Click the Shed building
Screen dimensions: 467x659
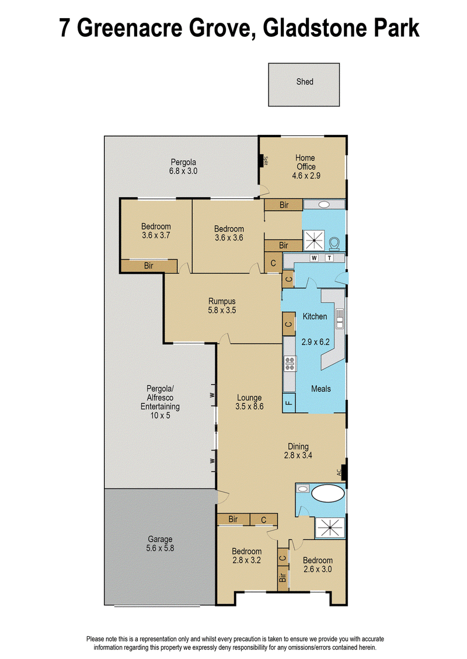(x=304, y=85)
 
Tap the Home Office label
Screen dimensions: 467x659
(x=305, y=162)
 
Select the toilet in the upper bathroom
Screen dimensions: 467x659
(x=334, y=244)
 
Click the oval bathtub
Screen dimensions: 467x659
(x=328, y=493)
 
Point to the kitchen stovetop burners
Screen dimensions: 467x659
(x=290, y=364)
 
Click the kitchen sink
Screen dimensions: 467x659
(x=340, y=318)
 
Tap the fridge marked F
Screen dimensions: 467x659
(x=289, y=403)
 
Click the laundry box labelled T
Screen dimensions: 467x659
(x=330, y=258)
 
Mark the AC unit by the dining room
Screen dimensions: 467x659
(x=343, y=472)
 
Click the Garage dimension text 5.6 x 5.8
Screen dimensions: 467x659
(x=160, y=548)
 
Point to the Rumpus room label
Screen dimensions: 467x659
(x=222, y=301)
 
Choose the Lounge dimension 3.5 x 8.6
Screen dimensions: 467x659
(x=250, y=406)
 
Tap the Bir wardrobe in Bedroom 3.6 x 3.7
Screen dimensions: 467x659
(x=149, y=266)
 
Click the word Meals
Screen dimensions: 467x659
(x=321, y=389)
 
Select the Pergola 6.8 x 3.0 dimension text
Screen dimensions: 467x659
(x=183, y=171)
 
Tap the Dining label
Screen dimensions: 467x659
(x=298, y=447)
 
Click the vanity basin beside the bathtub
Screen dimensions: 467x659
(x=302, y=489)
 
